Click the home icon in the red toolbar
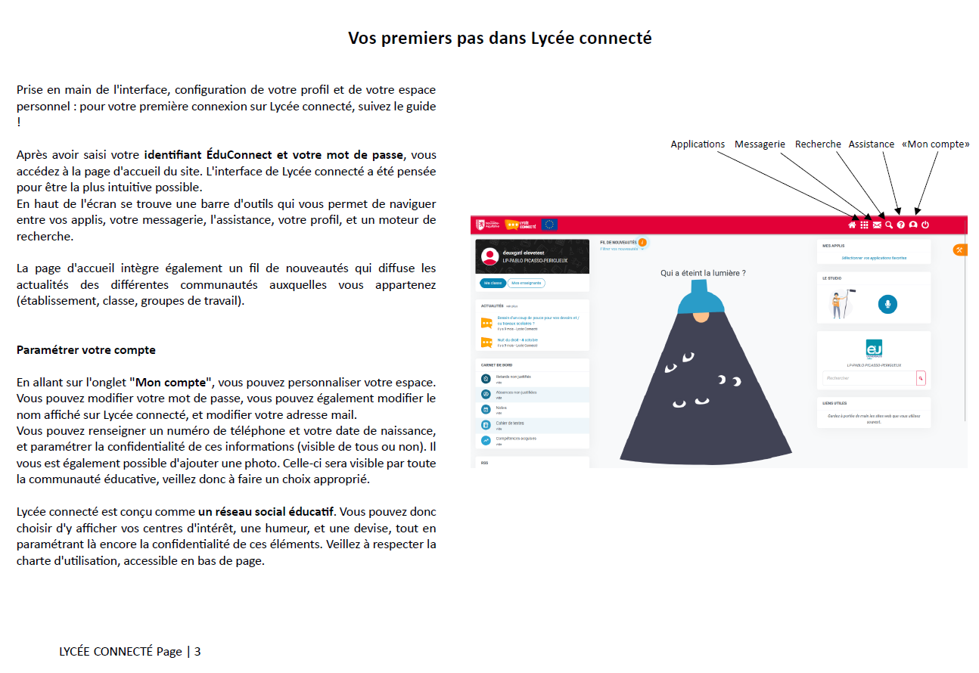point(852,225)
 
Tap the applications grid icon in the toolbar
point(864,225)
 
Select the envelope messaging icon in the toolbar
point(877,225)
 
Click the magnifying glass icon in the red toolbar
point(889,225)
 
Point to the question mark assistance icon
point(901,225)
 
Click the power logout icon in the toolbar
point(925,225)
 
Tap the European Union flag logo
point(550,225)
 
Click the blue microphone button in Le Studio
point(887,304)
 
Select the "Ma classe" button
point(493,283)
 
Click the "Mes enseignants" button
point(526,283)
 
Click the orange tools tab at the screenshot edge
point(959,250)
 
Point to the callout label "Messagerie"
point(760,144)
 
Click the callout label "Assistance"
point(871,144)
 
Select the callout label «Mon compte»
point(935,144)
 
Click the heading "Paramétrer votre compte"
point(86,350)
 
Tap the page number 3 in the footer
point(197,652)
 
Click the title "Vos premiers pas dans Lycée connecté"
point(499,38)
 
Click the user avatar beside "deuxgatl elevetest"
point(489,256)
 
